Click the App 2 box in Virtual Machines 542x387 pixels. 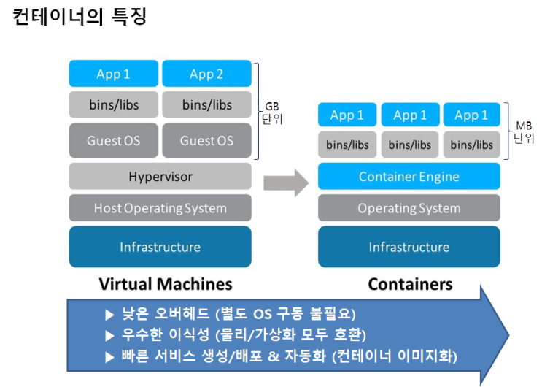point(206,74)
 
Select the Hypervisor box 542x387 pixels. point(160,177)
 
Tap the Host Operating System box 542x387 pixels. point(160,208)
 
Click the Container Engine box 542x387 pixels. point(409,177)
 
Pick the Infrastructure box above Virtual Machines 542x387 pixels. point(160,247)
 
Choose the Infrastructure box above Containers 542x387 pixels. point(409,247)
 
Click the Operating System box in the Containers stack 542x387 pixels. point(409,208)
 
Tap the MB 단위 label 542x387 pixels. point(523,131)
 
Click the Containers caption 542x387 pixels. point(410,283)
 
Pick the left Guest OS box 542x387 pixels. point(114,140)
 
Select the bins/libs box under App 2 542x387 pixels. point(206,105)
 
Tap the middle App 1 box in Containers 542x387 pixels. point(409,115)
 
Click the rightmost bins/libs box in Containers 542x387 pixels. point(471,145)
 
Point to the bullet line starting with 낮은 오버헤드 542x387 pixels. point(231,315)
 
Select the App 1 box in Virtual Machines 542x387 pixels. point(114,74)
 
